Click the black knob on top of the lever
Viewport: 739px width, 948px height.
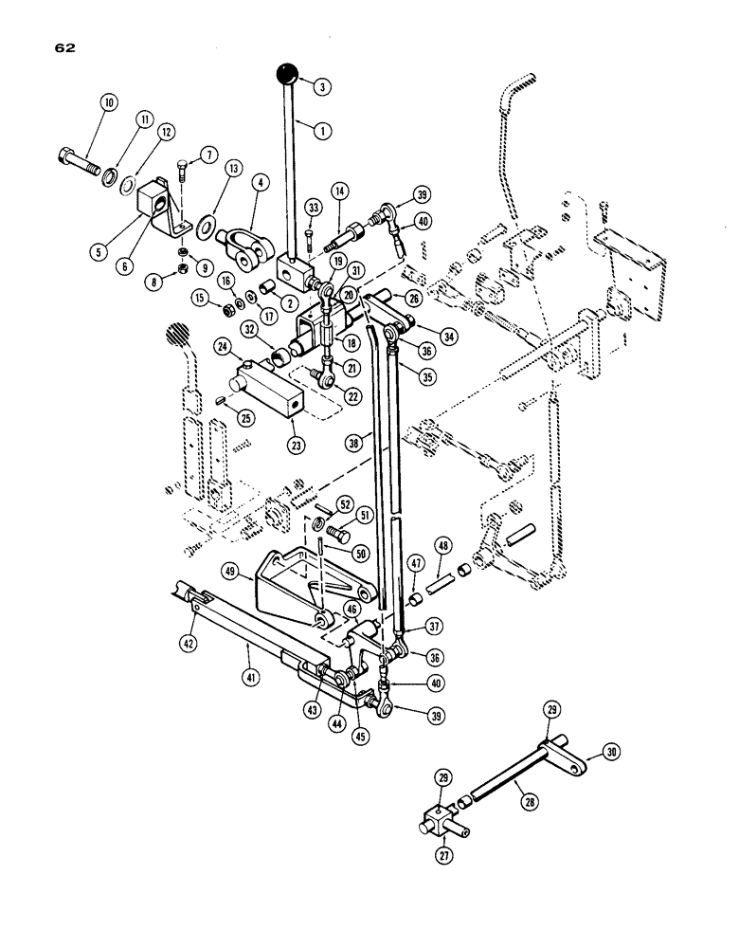[287, 72]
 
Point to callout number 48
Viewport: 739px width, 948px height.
[442, 545]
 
